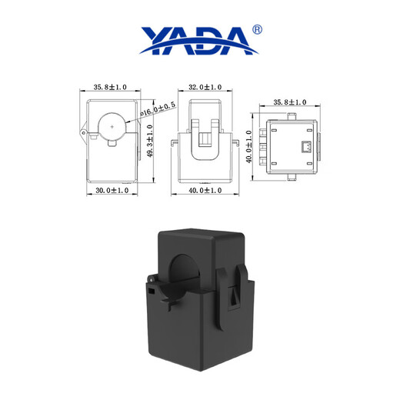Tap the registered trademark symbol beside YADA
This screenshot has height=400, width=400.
(257, 29)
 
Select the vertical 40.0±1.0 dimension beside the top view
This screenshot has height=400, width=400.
(249, 146)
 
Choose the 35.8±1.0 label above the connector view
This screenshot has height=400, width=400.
(290, 102)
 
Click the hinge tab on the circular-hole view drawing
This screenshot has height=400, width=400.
(83, 132)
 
